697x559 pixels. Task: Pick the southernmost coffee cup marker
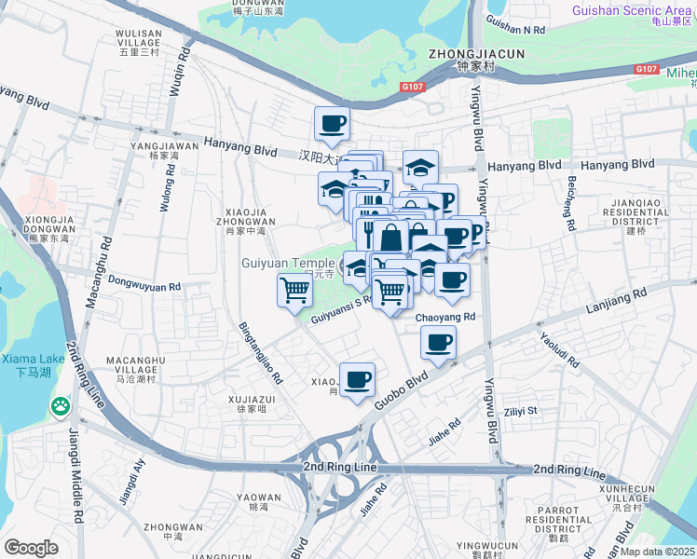tap(357, 379)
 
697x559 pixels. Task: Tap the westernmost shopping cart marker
tap(294, 290)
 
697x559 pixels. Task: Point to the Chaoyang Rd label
tap(445, 317)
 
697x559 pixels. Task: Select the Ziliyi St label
tap(522, 410)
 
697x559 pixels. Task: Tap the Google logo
tap(31, 548)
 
